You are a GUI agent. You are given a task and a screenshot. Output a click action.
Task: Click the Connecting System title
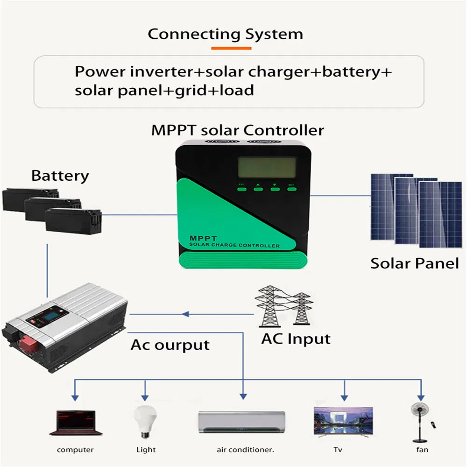click(225, 34)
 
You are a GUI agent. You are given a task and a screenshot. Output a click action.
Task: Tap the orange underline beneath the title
click(231, 48)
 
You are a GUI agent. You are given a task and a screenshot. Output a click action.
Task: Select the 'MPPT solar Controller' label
click(237, 130)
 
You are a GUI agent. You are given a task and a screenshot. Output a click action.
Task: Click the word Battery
click(60, 176)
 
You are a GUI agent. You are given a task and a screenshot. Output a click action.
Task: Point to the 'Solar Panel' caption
click(415, 263)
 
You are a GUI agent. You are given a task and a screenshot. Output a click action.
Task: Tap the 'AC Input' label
click(296, 339)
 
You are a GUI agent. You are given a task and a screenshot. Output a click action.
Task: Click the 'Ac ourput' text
click(170, 345)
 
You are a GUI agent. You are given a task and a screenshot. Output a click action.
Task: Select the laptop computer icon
click(75, 423)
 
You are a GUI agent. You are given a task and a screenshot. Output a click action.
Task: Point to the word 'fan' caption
click(422, 450)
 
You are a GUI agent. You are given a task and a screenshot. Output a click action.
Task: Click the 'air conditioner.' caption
click(245, 450)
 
